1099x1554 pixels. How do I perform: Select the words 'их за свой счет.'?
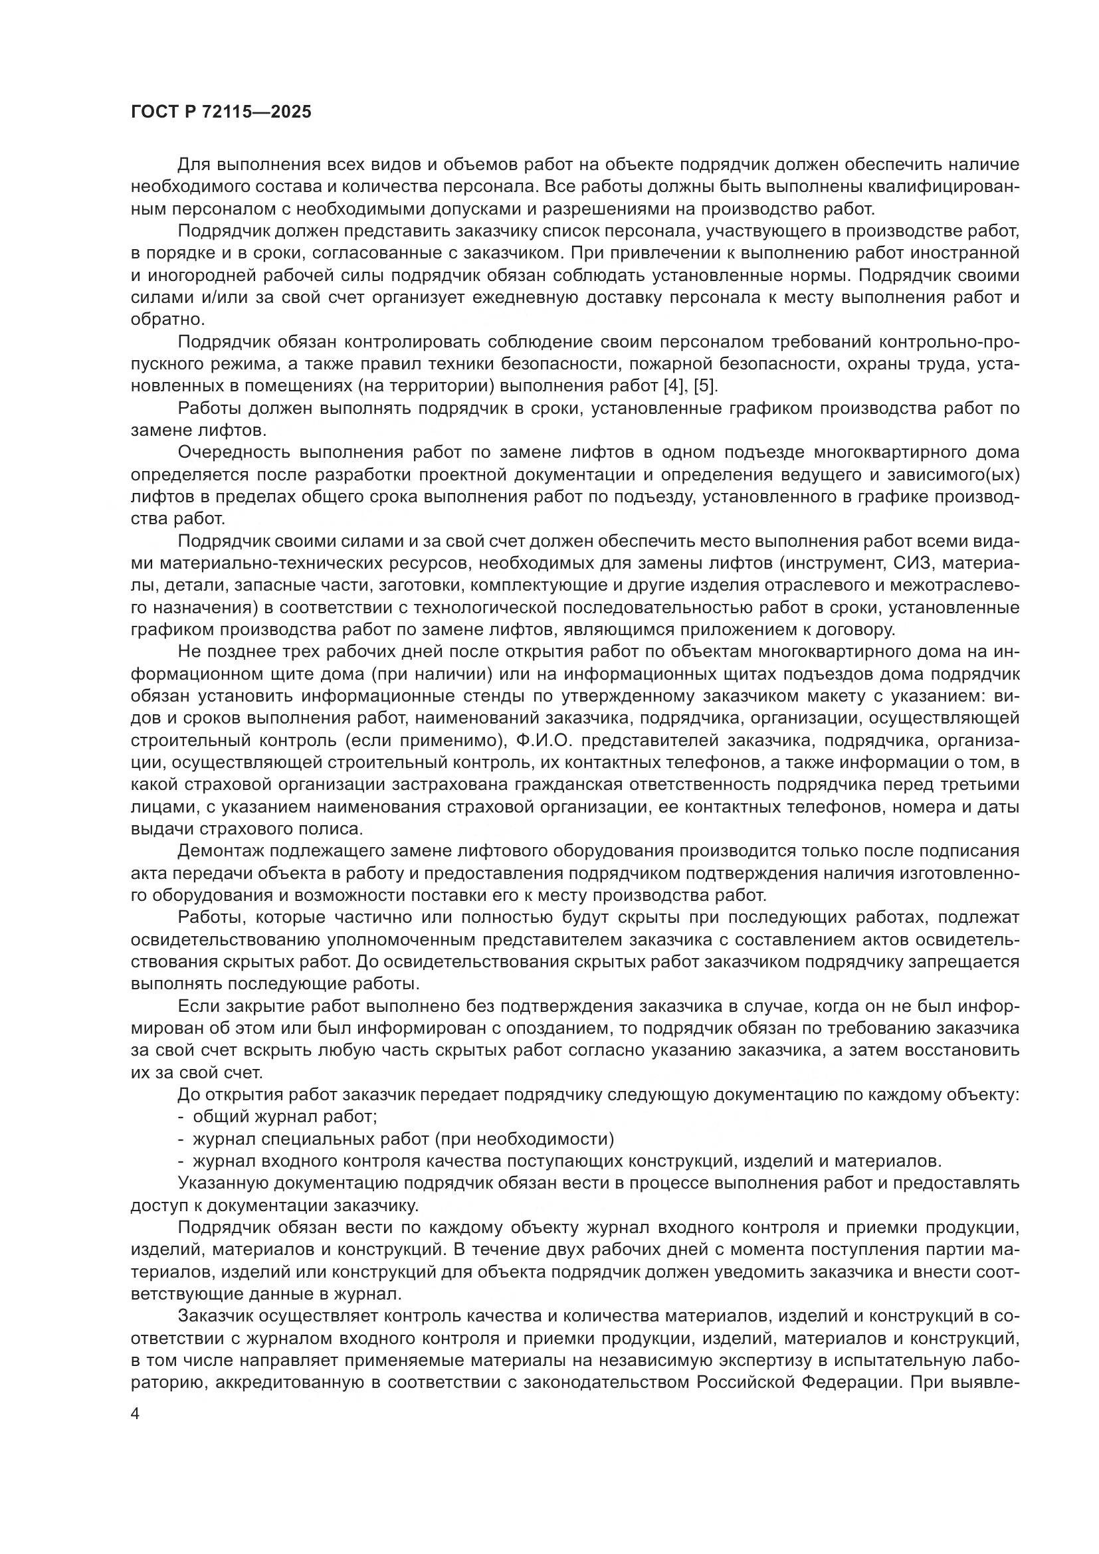[197, 1073]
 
